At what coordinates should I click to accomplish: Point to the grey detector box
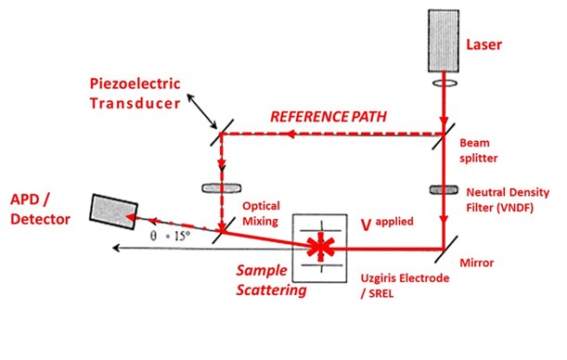coord(111,209)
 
